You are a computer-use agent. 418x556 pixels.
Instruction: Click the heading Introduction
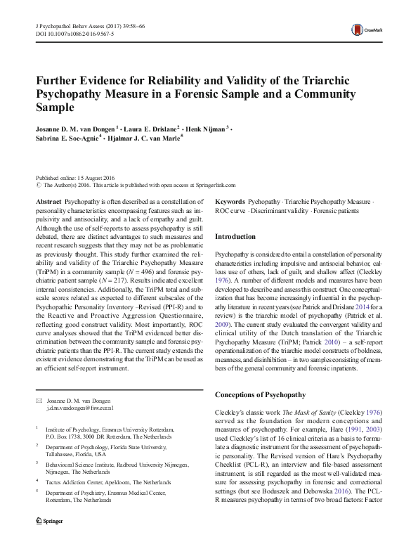coord(235,237)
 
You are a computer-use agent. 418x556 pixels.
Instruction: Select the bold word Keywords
coord(230,202)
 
